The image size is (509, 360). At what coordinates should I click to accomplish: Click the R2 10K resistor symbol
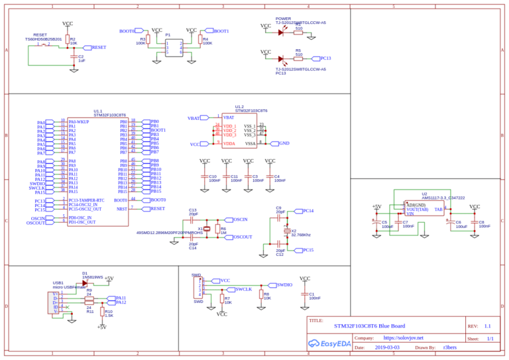(x=68, y=40)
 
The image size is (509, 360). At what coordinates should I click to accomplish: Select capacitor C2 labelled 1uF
(x=73, y=58)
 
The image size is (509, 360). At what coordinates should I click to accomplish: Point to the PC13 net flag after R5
(x=320, y=58)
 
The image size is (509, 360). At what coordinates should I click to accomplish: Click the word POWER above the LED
(x=283, y=19)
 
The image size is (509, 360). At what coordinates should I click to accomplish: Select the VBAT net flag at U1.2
(x=194, y=118)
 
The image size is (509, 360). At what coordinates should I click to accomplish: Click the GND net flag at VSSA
(x=283, y=143)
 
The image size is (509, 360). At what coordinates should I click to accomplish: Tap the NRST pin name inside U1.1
(x=122, y=209)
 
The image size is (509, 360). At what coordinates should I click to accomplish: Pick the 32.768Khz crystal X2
(x=286, y=231)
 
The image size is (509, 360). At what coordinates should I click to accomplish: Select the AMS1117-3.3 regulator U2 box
(x=425, y=209)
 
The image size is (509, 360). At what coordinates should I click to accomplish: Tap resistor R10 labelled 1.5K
(x=102, y=312)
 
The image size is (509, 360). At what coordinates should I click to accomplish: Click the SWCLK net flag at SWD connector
(x=243, y=290)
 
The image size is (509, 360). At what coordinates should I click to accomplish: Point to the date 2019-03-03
(x=386, y=347)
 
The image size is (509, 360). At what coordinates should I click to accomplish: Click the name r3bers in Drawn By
(x=449, y=347)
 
